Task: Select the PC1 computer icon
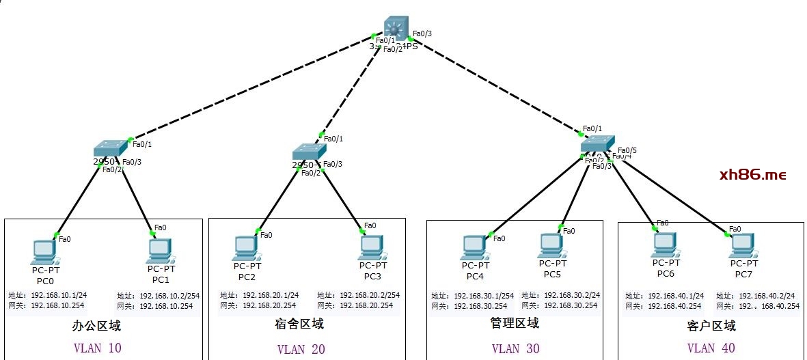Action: pos(159,251)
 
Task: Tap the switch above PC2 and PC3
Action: pos(307,152)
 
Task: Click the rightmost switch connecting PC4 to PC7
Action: pos(598,144)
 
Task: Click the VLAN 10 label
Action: pos(97,348)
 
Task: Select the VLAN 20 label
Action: pos(301,349)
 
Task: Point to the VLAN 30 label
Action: pos(515,348)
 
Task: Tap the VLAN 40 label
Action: pos(711,348)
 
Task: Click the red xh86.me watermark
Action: pos(753,175)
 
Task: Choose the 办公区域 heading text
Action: pos(96,326)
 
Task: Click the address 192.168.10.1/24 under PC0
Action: pos(58,295)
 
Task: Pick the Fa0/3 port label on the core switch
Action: pos(422,33)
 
